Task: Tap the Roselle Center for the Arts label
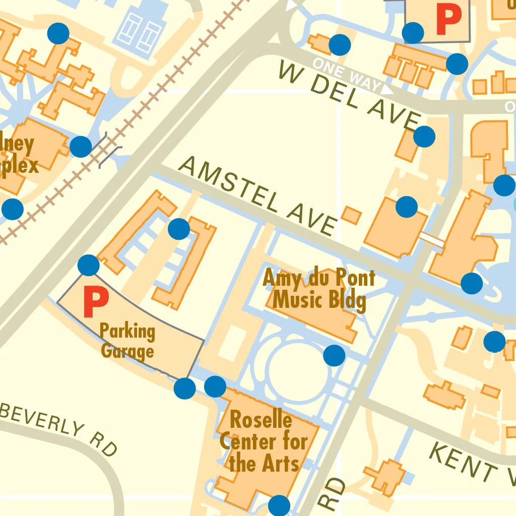point(263,441)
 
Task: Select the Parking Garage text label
point(127,341)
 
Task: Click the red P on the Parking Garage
point(95,302)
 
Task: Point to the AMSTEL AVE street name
point(257,196)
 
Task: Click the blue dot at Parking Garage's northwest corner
point(89,265)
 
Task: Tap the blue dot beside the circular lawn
point(334,355)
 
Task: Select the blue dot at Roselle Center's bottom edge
point(279,505)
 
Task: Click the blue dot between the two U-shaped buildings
point(178,229)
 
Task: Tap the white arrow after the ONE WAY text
point(386,89)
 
